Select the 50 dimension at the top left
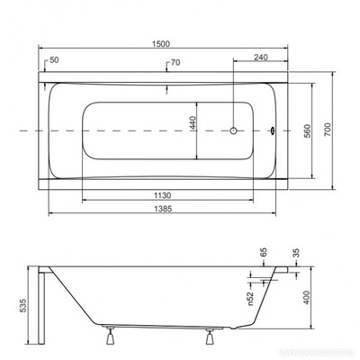click(x=56, y=61)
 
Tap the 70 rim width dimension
click(x=176, y=64)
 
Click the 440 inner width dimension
click(x=192, y=124)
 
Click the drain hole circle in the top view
click(x=234, y=131)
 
